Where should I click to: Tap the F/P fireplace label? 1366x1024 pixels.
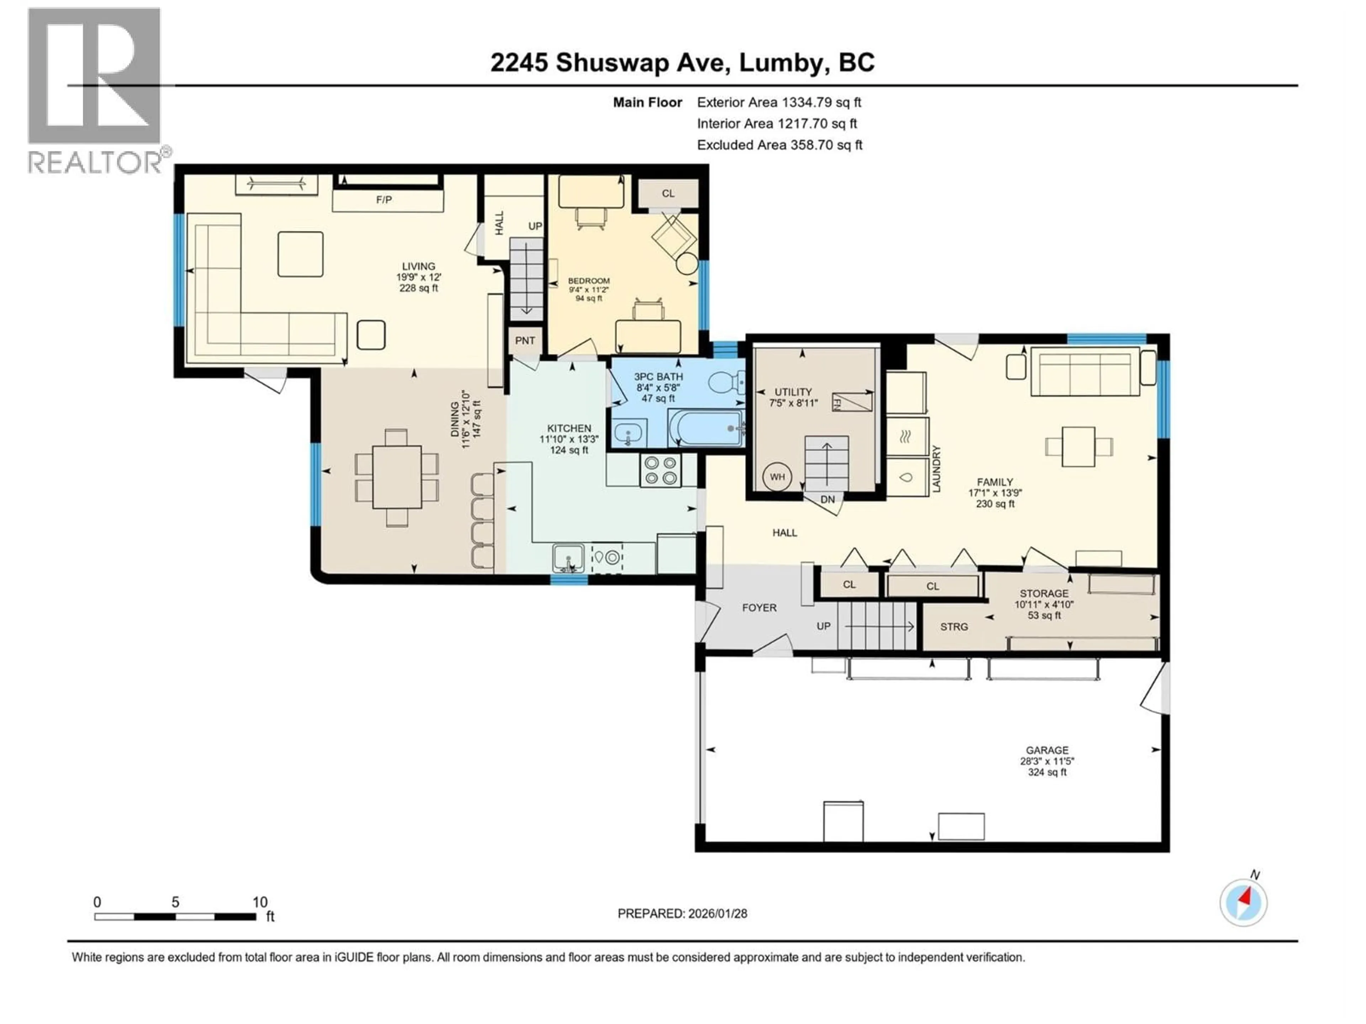pyautogui.click(x=384, y=200)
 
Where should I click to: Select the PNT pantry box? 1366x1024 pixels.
pyautogui.click(x=525, y=341)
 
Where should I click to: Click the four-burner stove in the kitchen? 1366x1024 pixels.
pyautogui.click(x=660, y=470)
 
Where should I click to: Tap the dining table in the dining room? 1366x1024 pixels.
pyautogui.click(x=397, y=477)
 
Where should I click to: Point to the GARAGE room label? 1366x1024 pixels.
pyautogui.click(x=1047, y=751)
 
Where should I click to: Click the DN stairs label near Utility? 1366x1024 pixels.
pyautogui.click(x=827, y=499)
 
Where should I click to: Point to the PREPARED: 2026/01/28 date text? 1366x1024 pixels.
pyautogui.click(x=682, y=913)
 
